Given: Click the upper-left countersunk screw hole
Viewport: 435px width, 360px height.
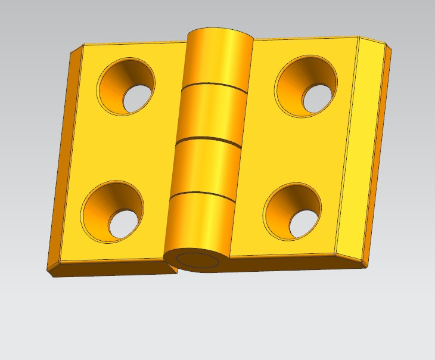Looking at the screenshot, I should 126,86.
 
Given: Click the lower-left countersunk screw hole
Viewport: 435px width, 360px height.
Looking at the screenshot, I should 113,211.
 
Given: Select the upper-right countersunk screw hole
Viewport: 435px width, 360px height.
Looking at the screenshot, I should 306,86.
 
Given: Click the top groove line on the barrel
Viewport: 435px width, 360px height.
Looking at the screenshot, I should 215,86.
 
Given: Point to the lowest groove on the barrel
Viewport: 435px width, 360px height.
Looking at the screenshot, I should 200,194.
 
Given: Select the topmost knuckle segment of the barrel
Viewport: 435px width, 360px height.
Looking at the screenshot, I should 218,57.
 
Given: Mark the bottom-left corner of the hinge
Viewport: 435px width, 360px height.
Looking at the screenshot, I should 48,272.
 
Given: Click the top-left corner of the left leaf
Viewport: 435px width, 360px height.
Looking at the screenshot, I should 83,45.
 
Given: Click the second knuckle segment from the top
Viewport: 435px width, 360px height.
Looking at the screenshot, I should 210,113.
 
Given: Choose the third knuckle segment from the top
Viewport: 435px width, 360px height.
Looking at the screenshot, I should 203,167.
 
